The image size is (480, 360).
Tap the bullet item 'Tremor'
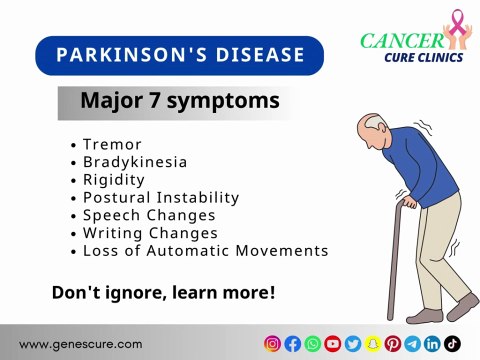coord(112,144)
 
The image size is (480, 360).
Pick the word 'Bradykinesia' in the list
coord(135,162)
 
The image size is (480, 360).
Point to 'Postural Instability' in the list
coord(161,197)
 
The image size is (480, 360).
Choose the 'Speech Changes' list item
coord(149,215)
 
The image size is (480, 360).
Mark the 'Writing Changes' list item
coord(150,232)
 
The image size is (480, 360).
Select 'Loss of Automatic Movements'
coord(205,250)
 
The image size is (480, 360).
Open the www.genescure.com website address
coord(80,343)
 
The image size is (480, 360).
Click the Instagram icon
coord(272,343)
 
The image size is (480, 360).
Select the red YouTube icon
coord(332,343)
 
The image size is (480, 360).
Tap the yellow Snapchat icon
coord(372,343)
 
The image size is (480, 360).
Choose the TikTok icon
coord(452,343)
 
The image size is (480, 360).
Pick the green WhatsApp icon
coord(312,343)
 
